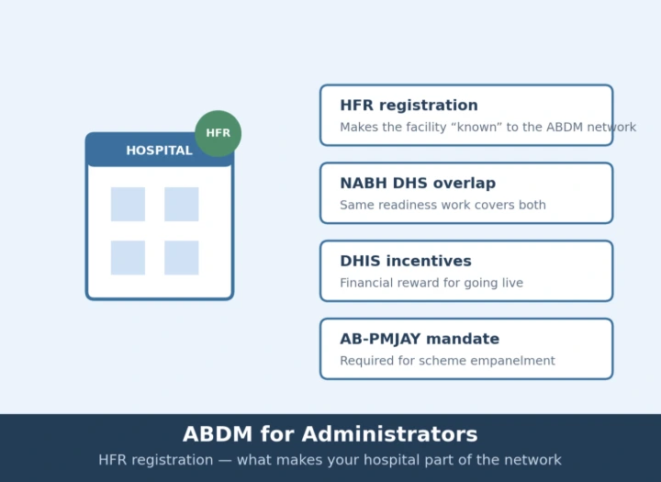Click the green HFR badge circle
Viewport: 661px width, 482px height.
pos(218,134)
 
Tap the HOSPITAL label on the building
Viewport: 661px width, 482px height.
pos(160,151)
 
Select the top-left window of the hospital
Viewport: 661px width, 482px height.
pos(128,204)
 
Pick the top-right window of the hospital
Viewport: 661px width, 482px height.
pos(181,204)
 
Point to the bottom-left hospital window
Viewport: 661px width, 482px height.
pos(128,258)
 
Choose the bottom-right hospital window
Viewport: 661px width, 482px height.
pos(181,258)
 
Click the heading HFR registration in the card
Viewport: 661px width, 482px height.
pos(409,106)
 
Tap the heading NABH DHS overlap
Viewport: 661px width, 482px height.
pos(418,183)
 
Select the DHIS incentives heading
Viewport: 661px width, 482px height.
pos(406,261)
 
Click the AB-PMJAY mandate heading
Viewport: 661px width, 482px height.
pos(420,339)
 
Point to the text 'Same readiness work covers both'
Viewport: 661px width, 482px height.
pos(443,205)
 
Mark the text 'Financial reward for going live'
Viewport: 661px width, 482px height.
pos(431,283)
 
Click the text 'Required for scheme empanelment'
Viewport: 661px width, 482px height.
pos(447,361)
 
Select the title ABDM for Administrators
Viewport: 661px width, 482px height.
pos(330,434)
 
